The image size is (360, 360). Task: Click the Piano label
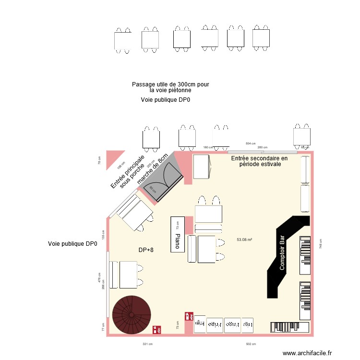click(177, 241)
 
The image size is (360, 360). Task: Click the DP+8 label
click(146, 250)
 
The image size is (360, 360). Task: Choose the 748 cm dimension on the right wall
click(321, 243)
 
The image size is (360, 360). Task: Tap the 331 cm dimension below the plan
click(147, 344)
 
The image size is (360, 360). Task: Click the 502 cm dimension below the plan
click(252, 344)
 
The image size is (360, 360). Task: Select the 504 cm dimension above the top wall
click(250, 144)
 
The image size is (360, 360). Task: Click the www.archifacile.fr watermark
click(307, 353)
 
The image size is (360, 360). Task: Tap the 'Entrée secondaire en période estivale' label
click(259, 161)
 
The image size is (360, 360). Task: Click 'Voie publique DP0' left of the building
click(72, 244)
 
